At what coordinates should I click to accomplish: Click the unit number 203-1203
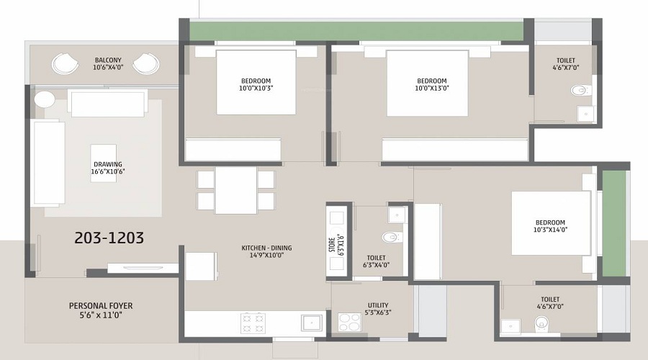click(x=109, y=238)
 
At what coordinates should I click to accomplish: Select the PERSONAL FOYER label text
click(x=101, y=310)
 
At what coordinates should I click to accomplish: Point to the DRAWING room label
click(x=107, y=168)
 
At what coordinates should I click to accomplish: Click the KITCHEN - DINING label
click(x=266, y=252)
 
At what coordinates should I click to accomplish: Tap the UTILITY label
click(x=378, y=309)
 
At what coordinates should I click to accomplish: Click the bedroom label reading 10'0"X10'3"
click(x=256, y=84)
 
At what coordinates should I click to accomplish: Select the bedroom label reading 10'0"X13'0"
click(x=432, y=84)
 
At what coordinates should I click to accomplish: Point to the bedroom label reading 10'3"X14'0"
click(x=550, y=227)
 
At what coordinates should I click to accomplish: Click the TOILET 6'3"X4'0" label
click(x=377, y=261)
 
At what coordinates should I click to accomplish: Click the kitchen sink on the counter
click(x=311, y=322)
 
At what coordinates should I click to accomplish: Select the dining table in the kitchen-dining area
click(x=235, y=190)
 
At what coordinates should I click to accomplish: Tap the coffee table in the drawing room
click(x=104, y=163)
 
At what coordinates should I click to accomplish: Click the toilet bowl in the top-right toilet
click(x=577, y=91)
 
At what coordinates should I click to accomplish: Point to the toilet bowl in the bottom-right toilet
click(x=541, y=325)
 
